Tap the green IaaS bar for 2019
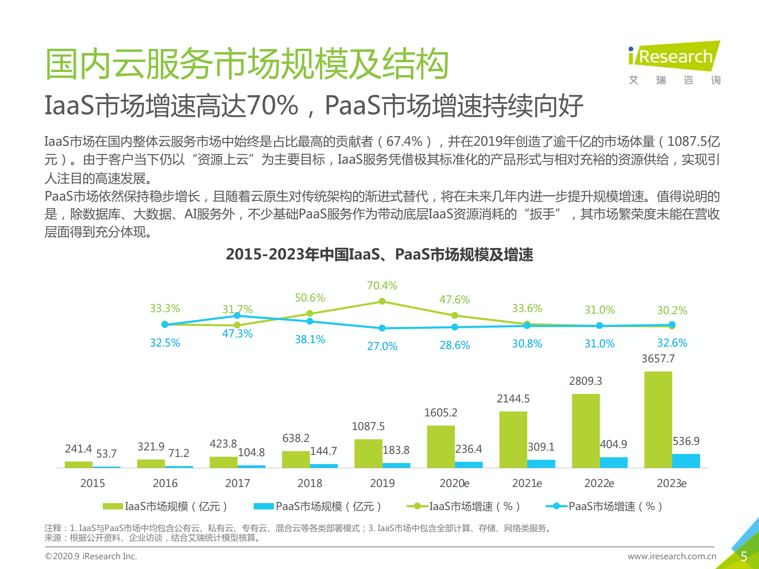tap(368, 453)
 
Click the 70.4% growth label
tap(382, 286)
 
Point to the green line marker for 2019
tap(382, 301)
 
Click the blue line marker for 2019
tap(382, 328)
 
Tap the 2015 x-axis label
tap(92, 483)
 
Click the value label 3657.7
tap(658, 359)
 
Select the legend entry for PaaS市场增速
tap(604, 506)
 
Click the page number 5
tap(743, 556)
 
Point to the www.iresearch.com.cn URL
tap(671, 556)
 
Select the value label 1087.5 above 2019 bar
tap(368, 426)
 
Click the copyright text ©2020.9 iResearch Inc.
tap(91, 556)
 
